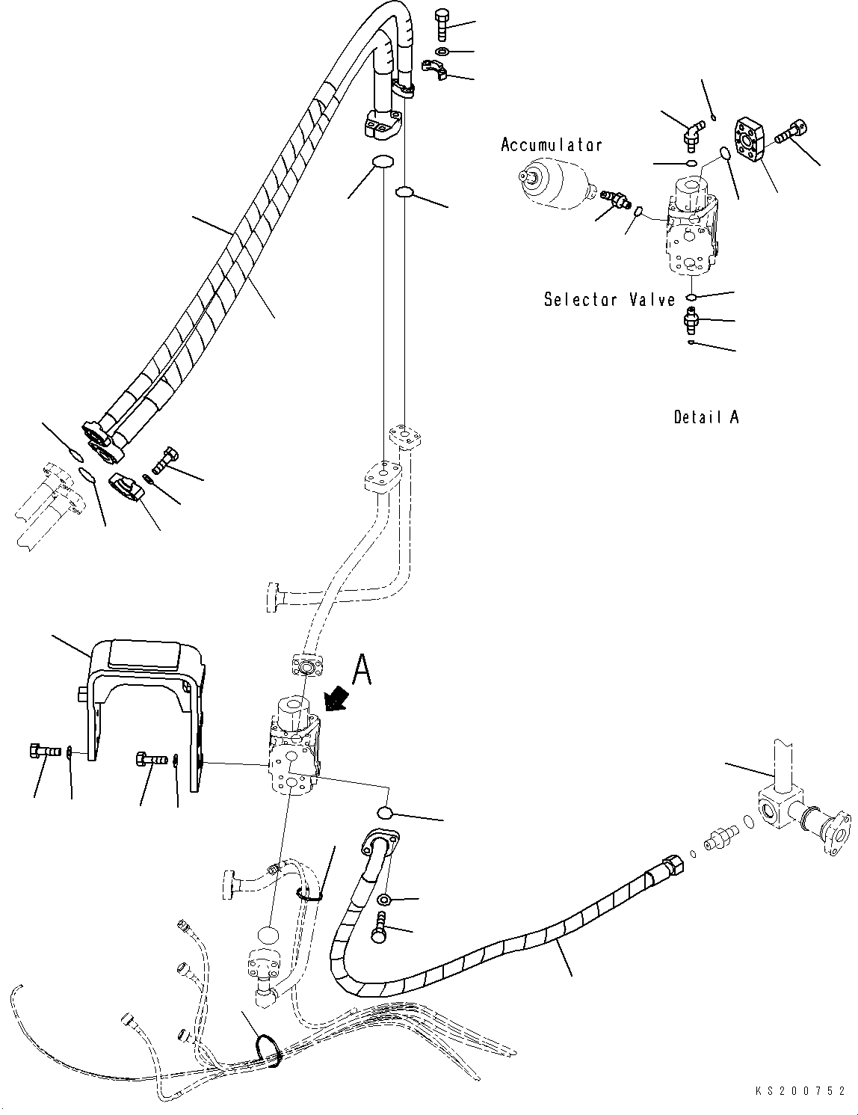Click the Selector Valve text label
tap(609, 300)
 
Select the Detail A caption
tap(706, 417)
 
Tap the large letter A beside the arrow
tap(362, 669)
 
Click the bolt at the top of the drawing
tap(441, 25)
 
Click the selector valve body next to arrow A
tap(294, 748)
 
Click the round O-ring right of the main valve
tap(384, 813)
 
